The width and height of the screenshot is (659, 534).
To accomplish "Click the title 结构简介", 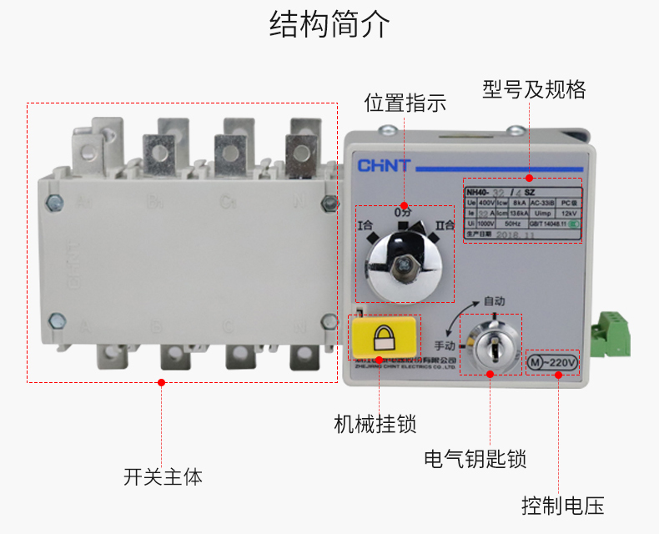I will click(x=329, y=25).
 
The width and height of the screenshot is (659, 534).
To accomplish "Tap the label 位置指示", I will click(x=405, y=103).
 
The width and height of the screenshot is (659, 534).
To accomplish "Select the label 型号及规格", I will click(x=534, y=89).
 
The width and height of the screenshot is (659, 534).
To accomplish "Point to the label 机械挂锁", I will click(x=375, y=423).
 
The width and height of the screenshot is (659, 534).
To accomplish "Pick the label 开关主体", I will click(x=163, y=477).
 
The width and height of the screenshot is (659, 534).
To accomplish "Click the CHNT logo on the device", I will click(x=384, y=165).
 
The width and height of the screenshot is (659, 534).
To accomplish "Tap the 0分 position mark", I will click(x=404, y=213).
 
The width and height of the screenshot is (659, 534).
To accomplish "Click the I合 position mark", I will click(x=365, y=225).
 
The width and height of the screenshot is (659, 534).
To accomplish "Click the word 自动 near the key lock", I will click(x=495, y=300).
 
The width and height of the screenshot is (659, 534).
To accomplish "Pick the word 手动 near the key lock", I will click(x=446, y=344).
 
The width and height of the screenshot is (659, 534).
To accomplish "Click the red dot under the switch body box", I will click(x=162, y=382).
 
